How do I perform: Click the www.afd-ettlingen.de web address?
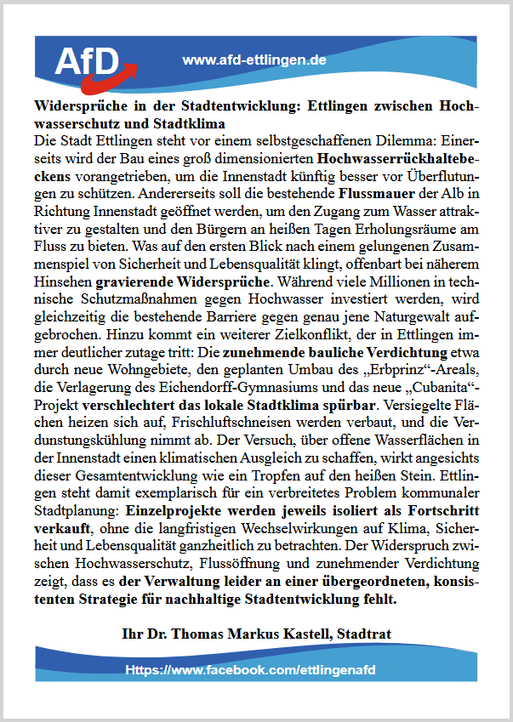point(254,60)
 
